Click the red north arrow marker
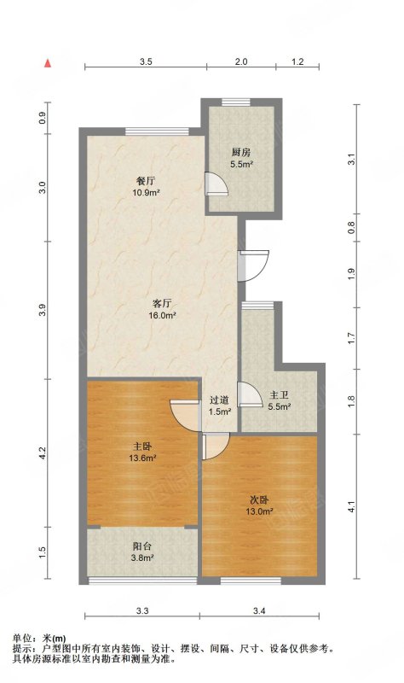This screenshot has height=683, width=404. click(48, 62)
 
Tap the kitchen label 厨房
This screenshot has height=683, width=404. click(241, 153)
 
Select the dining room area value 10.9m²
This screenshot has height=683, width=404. click(146, 193)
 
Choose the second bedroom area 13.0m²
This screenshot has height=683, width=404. click(260, 511)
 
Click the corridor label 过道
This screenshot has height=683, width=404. click(220, 400)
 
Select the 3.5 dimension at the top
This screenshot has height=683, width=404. click(146, 61)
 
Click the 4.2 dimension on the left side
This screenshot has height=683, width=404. click(42, 452)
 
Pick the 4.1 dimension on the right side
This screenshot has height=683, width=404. click(351, 507)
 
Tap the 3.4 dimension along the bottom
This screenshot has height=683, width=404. click(260, 611)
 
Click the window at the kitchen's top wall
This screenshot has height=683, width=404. click(236, 102)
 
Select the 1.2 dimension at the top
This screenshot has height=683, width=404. click(297, 61)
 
